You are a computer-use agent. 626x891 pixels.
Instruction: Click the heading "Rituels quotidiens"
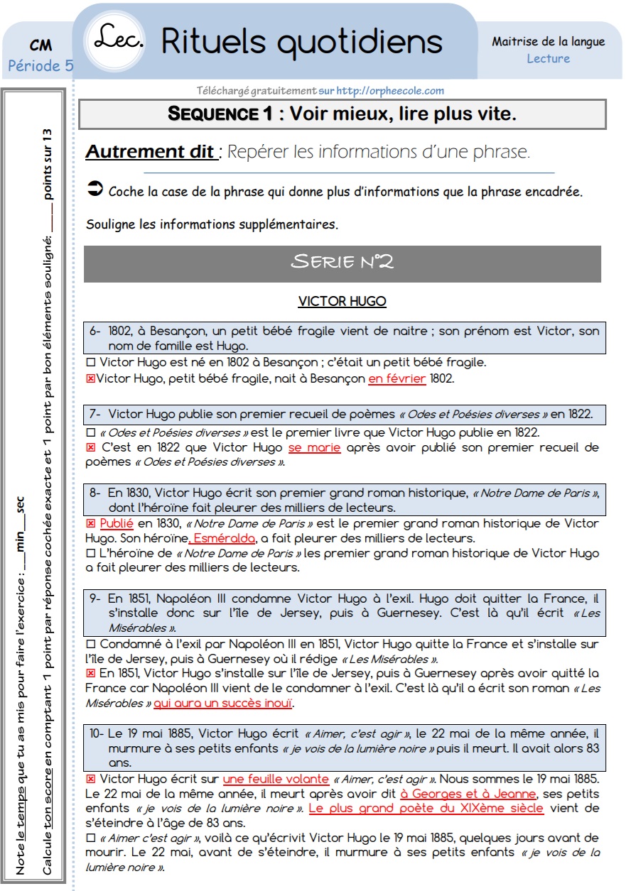pyautogui.click(x=302, y=41)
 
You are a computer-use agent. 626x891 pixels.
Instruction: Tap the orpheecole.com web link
pyautogui.click(x=390, y=91)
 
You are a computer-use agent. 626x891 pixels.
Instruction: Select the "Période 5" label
pyautogui.click(x=41, y=66)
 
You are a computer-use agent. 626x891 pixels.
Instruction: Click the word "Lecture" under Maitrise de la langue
pyautogui.click(x=548, y=59)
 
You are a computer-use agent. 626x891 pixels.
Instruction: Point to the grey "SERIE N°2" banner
pyautogui.click(x=342, y=263)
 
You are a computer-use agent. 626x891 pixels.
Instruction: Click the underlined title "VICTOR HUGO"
pyautogui.click(x=342, y=302)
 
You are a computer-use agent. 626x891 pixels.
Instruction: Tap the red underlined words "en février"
pyautogui.click(x=396, y=379)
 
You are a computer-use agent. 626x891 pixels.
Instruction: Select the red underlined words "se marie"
pyautogui.click(x=314, y=448)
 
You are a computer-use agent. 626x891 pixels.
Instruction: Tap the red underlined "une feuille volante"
pyautogui.click(x=276, y=780)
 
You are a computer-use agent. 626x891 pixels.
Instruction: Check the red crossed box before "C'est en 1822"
pyautogui.click(x=90, y=448)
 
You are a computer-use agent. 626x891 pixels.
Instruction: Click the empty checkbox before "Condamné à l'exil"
pyautogui.click(x=90, y=645)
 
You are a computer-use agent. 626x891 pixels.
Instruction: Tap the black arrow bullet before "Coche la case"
pyautogui.click(x=94, y=190)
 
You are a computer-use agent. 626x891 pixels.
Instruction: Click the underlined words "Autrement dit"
pyautogui.click(x=151, y=152)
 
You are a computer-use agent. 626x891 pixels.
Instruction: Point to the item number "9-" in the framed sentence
pyautogui.click(x=97, y=597)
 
